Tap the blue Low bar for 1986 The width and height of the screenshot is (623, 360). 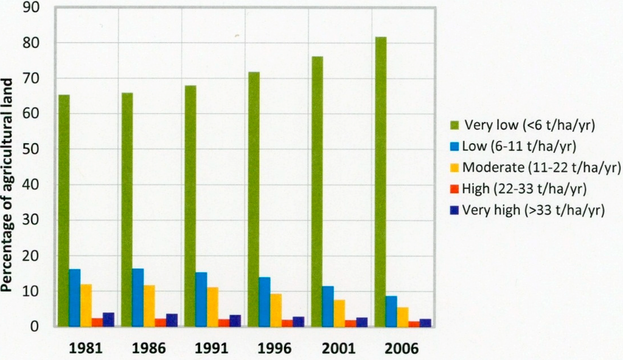pos(138,297)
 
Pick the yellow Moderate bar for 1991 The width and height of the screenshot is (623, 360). pos(212,306)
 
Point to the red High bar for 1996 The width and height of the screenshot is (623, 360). pos(287,323)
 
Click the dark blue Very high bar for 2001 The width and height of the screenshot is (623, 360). pos(362,322)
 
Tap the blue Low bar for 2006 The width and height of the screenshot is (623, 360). pos(391,311)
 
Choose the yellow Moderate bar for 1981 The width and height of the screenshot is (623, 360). pos(86,305)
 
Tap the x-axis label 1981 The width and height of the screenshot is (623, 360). pos(86,350)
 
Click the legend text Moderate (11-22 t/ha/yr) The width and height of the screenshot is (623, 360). pos(541,167)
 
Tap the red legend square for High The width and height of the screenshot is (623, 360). pos(454,189)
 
